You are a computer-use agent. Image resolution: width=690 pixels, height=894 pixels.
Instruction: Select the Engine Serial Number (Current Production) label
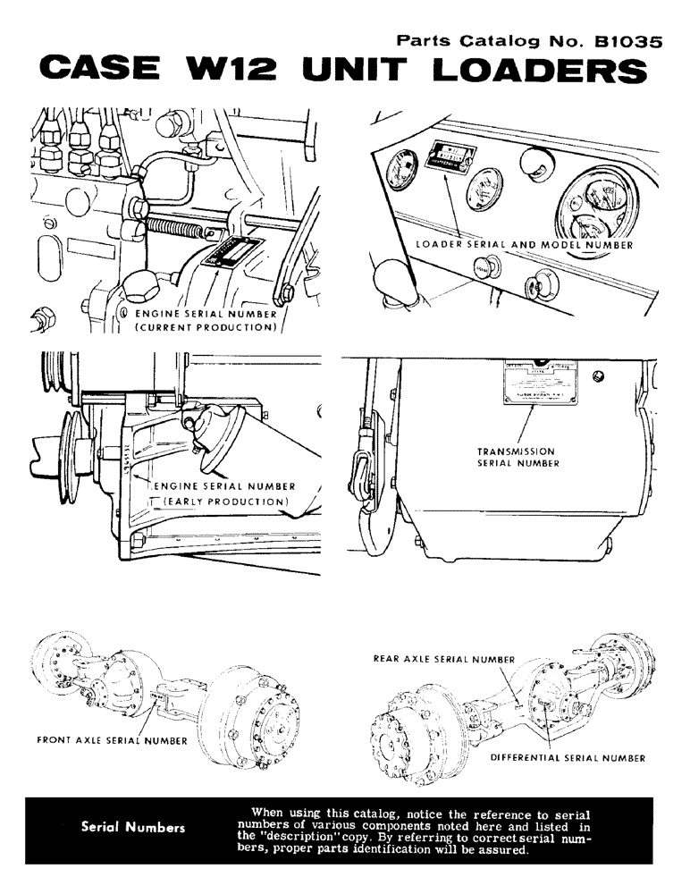[x=206, y=320]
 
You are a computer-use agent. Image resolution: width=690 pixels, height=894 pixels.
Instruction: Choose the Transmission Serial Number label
[x=517, y=458]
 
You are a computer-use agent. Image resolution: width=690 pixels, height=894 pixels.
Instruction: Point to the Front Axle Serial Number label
[x=113, y=740]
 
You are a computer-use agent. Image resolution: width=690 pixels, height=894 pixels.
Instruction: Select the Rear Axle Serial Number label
[x=444, y=659]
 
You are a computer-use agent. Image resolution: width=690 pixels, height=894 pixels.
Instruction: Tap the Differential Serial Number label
[x=568, y=757]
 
